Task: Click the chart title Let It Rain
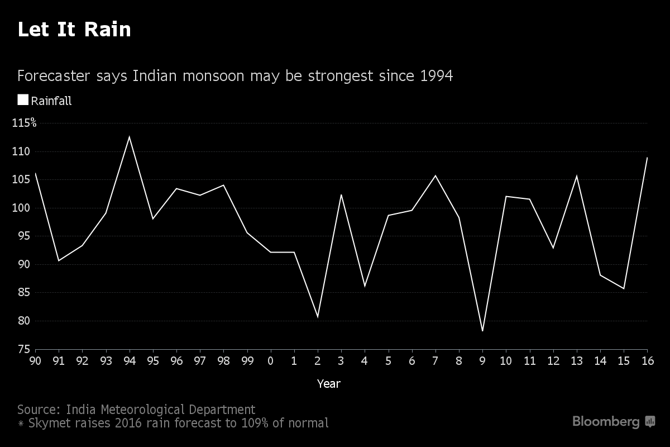[x=74, y=30]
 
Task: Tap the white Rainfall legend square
[x=23, y=100]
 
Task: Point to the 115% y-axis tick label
[x=24, y=123]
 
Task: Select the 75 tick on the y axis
[x=24, y=349]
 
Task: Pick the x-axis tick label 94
[x=130, y=360]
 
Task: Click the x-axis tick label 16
[x=647, y=360]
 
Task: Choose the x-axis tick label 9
[x=482, y=360]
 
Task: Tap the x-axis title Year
[x=328, y=384]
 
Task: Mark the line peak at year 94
[x=130, y=137]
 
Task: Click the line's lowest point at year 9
[x=482, y=331]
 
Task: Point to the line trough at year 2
[x=318, y=317]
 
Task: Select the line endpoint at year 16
[x=647, y=158]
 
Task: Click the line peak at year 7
[x=435, y=175]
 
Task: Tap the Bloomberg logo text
[x=606, y=422]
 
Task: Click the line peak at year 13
[x=577, y=176]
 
